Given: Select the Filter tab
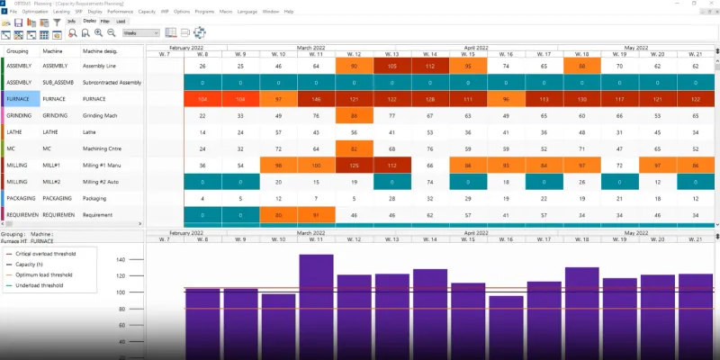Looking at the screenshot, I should click(x=105, y=20).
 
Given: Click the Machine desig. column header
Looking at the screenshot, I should click(x=98, y=53).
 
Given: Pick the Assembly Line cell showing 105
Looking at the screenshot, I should click(x=391, y=66).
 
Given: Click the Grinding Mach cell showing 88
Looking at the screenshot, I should click(x=354, y=115).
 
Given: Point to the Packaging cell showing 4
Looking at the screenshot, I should click(x=202, y=197).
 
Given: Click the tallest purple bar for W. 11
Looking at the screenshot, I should click(x=316, y=306).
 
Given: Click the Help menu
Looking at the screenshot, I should click(x=288, y=11).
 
